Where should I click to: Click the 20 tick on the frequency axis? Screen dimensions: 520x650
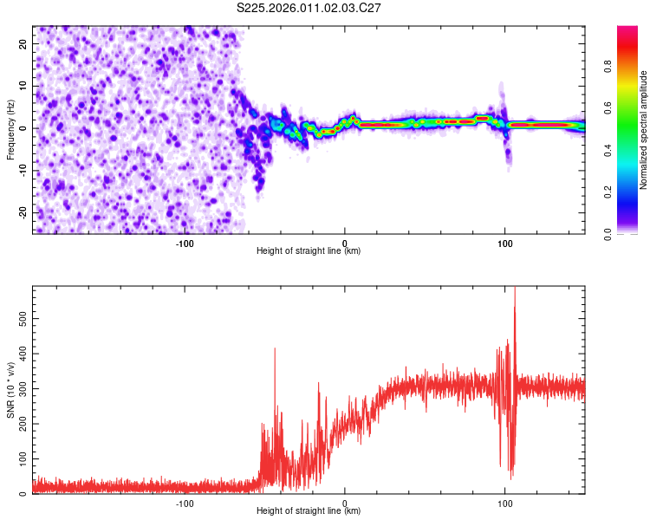23,43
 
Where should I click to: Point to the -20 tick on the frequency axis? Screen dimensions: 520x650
22,212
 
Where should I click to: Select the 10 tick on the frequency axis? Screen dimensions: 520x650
23,86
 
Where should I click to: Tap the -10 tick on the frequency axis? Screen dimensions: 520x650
22,170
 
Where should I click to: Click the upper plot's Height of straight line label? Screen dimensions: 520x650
309,250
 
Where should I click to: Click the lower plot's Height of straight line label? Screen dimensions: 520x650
309,511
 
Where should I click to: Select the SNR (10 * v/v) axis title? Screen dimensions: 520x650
10,390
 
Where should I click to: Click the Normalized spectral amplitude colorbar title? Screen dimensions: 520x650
643,130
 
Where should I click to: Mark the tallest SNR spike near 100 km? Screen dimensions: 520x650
515,289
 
